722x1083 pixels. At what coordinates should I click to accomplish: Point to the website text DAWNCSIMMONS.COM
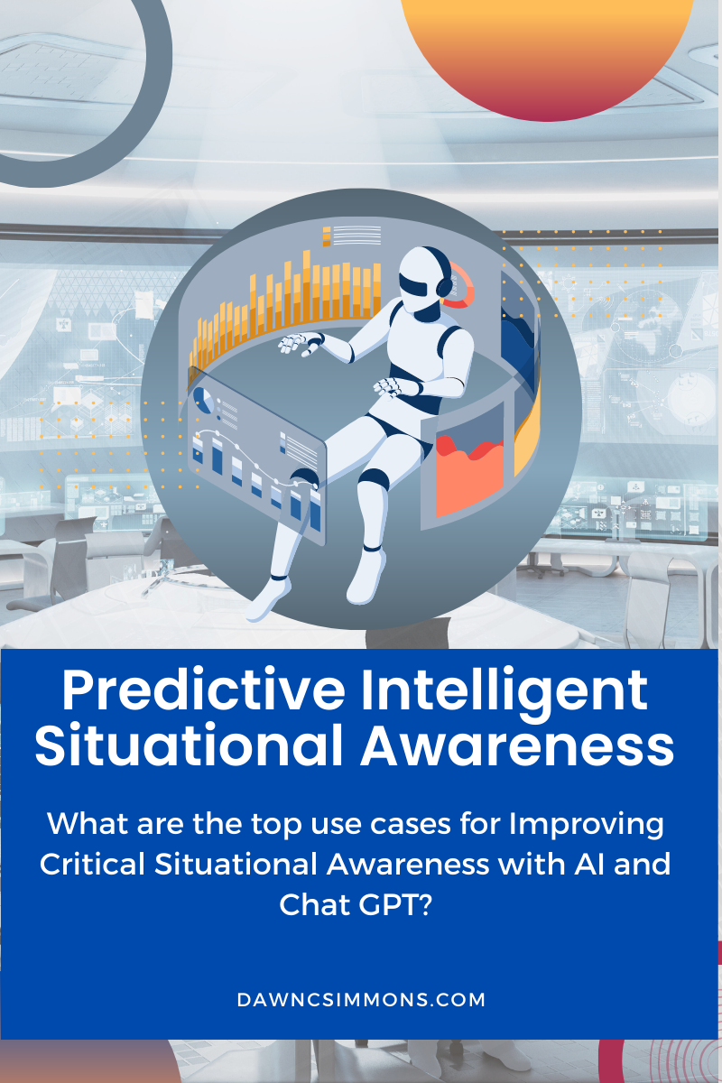click(361, 1000)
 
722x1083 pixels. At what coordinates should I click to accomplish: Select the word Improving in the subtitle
click(590, 824)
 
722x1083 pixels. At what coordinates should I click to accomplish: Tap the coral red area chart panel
click(469, 465)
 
